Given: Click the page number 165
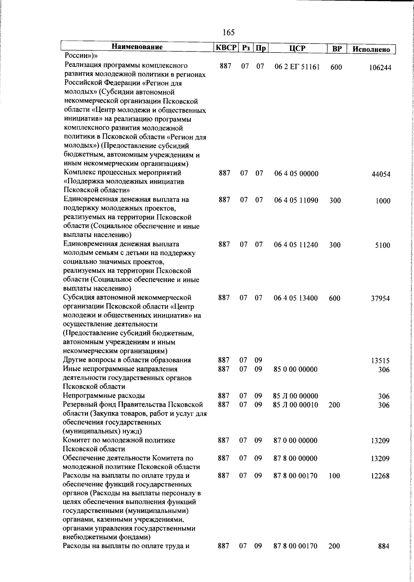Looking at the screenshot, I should [229, 32].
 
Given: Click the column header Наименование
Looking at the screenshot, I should [137, 47].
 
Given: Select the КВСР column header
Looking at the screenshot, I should [226, 48].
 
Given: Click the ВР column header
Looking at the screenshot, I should [336, 49].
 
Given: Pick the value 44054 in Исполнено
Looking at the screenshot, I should [381, 174].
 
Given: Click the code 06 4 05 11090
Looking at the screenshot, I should [296, 200].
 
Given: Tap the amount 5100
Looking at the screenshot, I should [383, 245].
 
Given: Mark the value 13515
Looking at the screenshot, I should [380, 361].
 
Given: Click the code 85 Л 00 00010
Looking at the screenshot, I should [295, 405].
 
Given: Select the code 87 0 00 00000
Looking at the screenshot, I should [295, 440].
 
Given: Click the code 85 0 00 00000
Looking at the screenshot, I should [295, 369].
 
